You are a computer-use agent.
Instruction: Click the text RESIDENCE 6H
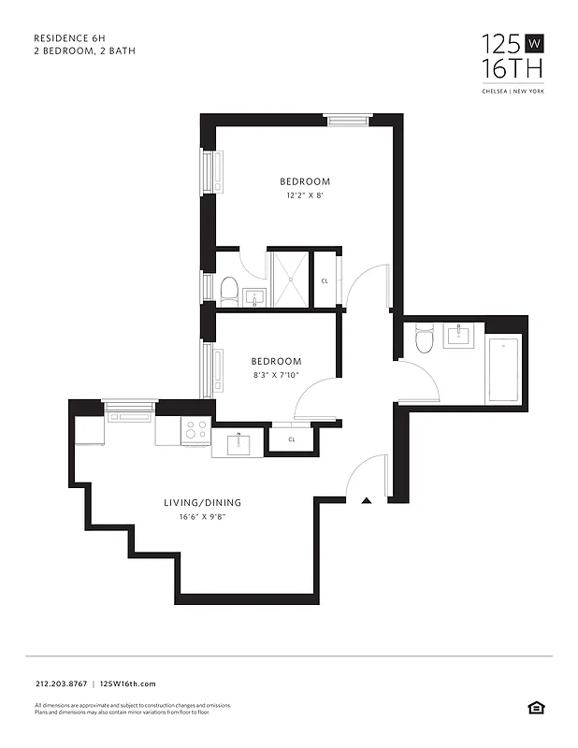(x=69, y=38)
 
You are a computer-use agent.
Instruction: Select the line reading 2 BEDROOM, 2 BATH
(x=84, y=50)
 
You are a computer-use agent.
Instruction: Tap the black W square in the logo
(x=535, y=43)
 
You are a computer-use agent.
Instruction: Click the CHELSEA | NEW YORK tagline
(x=513, y=91)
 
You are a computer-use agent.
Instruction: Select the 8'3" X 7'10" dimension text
(x=276, y=376)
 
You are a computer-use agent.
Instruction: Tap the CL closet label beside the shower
(x=325, y=280)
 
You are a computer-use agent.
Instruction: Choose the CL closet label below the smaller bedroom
(x=291, y=439)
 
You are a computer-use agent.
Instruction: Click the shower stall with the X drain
(x=288, y=278)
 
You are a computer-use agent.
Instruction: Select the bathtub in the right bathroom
(x=503, y=371)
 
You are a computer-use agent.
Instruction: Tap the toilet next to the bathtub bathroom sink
(x=424, y=338)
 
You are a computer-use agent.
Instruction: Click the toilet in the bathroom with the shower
(x=229, y=290)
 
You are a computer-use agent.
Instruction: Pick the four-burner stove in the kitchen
(x=195, y=430)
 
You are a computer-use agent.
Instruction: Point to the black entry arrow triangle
(x=368, y=501)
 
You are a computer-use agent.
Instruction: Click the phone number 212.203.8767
(x=60, y=684)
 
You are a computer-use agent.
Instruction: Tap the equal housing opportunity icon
(x=535, y=707)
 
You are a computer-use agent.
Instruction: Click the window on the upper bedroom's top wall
(x=343, y=118)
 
